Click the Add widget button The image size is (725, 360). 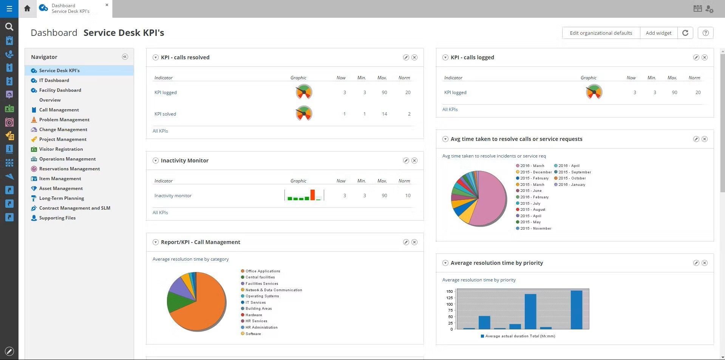659,33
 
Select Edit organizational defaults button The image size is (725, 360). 601,33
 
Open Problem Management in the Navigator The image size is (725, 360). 64,120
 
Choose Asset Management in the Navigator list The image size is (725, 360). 61,188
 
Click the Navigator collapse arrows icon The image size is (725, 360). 125,57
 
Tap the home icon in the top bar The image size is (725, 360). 27,8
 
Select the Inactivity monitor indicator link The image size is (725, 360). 173,196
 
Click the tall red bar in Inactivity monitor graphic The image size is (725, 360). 312,195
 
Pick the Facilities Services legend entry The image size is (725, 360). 261,284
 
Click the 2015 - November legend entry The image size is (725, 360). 535,229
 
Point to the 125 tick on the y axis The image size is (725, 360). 449,298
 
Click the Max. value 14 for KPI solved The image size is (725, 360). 384,114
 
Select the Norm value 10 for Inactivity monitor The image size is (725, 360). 408,196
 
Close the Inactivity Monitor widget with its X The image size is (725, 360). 414,161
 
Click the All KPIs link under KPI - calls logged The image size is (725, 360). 450,110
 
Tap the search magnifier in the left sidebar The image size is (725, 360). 9,26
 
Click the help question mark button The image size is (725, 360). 705,33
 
